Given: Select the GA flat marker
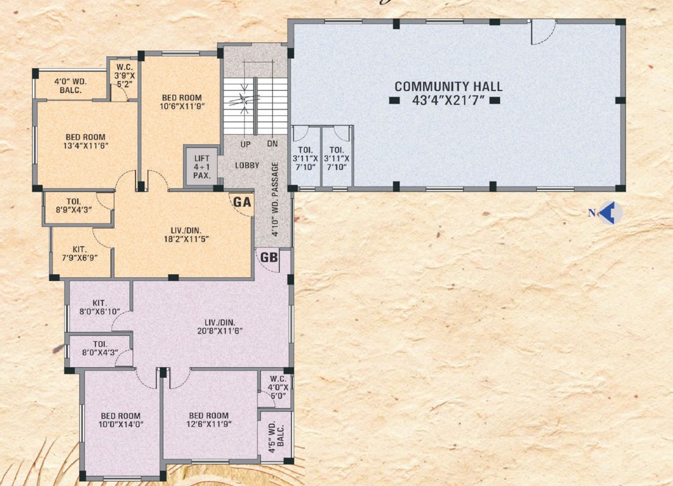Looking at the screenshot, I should pyautogui.click(x=241, y=202).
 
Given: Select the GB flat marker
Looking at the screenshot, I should pyautogui.click(x=268, y=258).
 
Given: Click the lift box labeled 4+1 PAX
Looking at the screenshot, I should pyautogui.click(x=201, y=166).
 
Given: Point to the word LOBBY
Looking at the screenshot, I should pyautogui.click(x=247, y=165).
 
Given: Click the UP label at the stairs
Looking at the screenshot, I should pyautogui.click(x=246, y=144).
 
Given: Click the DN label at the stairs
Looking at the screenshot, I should pyautogui.click(x=272, y=144).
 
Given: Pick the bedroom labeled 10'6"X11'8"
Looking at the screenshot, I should pyautogui.click(x=182, y=102).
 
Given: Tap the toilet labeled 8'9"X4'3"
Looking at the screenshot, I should pyautogui.click(x=74, y=205).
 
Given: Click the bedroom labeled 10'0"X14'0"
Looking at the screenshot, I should pyautogui.click(x=120, y=420).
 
